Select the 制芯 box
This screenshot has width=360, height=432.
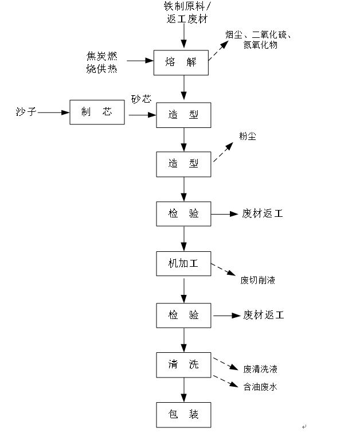tap(97, 112)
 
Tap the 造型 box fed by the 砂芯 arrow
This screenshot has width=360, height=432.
tap(183, 114)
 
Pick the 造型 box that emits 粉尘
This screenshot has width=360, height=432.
tap(183, 164)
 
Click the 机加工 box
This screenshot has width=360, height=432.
tap(183, 263)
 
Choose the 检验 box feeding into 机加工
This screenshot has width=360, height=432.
tap(183, 213)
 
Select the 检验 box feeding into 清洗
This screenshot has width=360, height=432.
tap(183, 314)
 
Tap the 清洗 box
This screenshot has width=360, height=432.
tap(183, 364)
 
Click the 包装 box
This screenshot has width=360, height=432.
tap(183, 414)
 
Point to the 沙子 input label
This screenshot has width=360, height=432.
tap(26, 112)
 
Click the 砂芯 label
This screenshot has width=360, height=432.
tap(140, 99)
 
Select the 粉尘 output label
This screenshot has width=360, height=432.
tap(248, 137)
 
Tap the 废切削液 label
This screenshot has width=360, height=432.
tap(261, 281)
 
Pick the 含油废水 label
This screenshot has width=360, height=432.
tap(260, 387)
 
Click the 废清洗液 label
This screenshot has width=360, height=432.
tap(264, 368)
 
